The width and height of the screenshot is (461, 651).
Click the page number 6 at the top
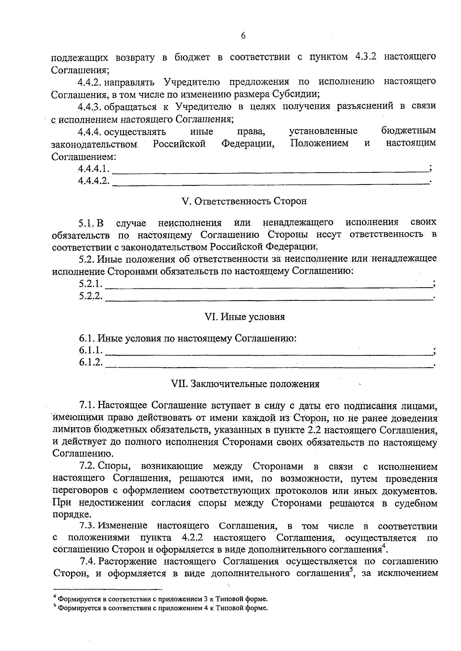(243, 35)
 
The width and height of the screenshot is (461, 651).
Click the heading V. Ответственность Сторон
(244, 201)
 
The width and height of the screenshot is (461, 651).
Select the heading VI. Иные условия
(245, 317)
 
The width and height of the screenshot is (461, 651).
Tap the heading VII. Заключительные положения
(245, 384)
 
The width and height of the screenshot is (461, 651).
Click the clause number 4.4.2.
(89, 82)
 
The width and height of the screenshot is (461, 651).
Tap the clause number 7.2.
(87, 466)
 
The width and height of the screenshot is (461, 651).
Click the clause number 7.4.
(87, 562)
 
